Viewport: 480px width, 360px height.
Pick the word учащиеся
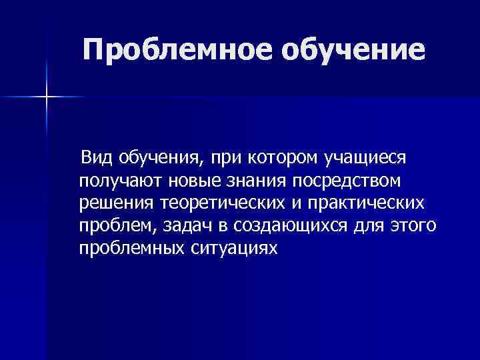(x=365, y=159)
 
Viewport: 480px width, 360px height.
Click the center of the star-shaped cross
(x=47, y=98)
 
